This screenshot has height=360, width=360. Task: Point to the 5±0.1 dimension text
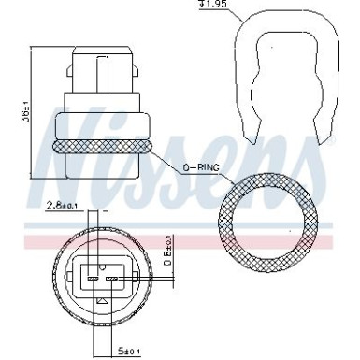(x=130, y=352)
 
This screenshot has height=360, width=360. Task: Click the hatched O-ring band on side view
(x=103, y=148)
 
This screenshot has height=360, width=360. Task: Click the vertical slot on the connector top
(x=102, y=65)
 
